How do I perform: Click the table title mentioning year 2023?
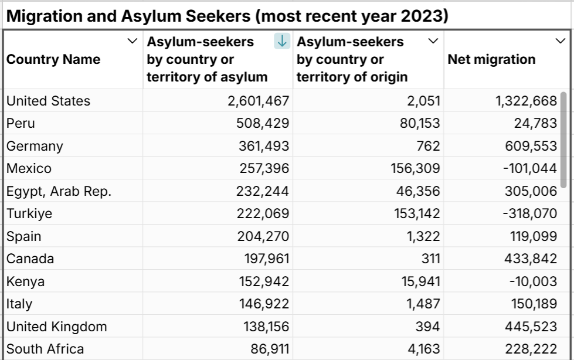[x=227, y=16]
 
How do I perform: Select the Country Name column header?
[x=53, y=59]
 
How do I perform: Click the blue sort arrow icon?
[x=282, y=41]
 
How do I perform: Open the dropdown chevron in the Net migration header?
[x=560, y=40]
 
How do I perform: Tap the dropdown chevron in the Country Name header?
[x=131, y=40]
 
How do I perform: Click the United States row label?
[x=49, y=101]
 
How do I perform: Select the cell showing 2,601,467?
[x=259, y=101]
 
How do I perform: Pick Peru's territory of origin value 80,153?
[x=416, y=124]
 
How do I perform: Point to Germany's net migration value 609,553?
[x=531, y=146]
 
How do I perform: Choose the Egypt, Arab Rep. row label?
[x=59, y=191]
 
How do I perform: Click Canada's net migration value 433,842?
[x=531, y=259]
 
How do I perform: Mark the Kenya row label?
[x=26, y=281]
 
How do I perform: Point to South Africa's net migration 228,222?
[x=531, y=349]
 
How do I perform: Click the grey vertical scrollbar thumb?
[x=564, y=140]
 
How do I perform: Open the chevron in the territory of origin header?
[x=433, y=40]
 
